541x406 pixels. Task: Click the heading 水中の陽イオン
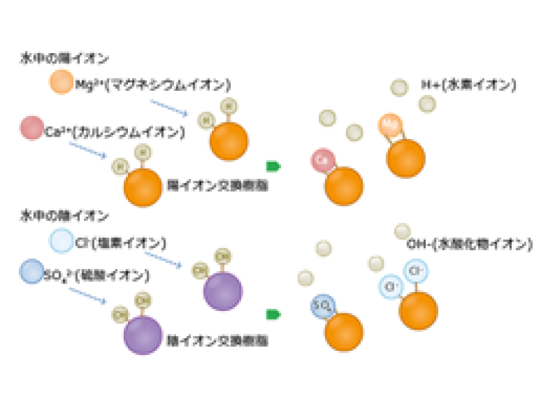coord(64,59)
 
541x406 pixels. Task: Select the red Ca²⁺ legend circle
coord(32,128)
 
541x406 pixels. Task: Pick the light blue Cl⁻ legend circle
coord(61,241)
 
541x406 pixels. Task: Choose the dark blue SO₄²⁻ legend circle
coord(32,271)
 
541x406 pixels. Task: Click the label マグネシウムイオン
coord(153,84)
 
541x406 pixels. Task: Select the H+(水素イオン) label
coord(468,84)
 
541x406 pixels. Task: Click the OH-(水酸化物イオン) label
coord(469,244)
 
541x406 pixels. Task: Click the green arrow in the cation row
coord(273,167)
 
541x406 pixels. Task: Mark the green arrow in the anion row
coord(273,315)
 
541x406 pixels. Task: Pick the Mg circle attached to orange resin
coord(389,125)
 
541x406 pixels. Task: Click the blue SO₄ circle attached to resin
coord(323,306)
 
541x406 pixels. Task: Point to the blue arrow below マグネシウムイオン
coord(169,108)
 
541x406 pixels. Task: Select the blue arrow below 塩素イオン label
coord(163,259)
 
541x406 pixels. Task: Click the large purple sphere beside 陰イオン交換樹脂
coord(143,335)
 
